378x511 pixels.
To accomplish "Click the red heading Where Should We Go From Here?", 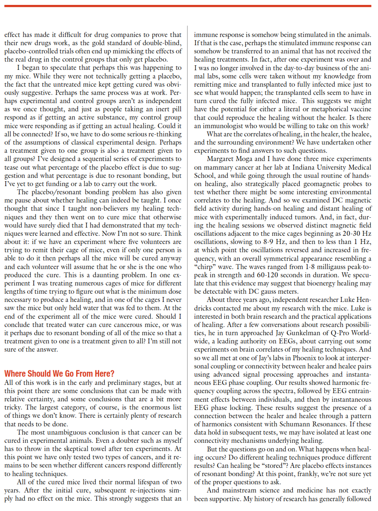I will (59, 373).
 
